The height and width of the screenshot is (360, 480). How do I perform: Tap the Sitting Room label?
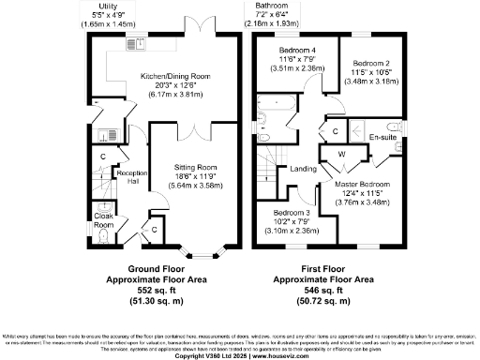click(196, 167)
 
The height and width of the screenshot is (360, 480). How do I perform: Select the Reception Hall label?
click(127, 178)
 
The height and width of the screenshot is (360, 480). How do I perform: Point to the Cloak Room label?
click(104, 220)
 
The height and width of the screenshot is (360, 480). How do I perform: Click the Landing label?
click(303, 169)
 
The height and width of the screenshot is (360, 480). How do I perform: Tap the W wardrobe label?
click(341, 153)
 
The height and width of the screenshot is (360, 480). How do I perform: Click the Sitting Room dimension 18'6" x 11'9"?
click(196, 175)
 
